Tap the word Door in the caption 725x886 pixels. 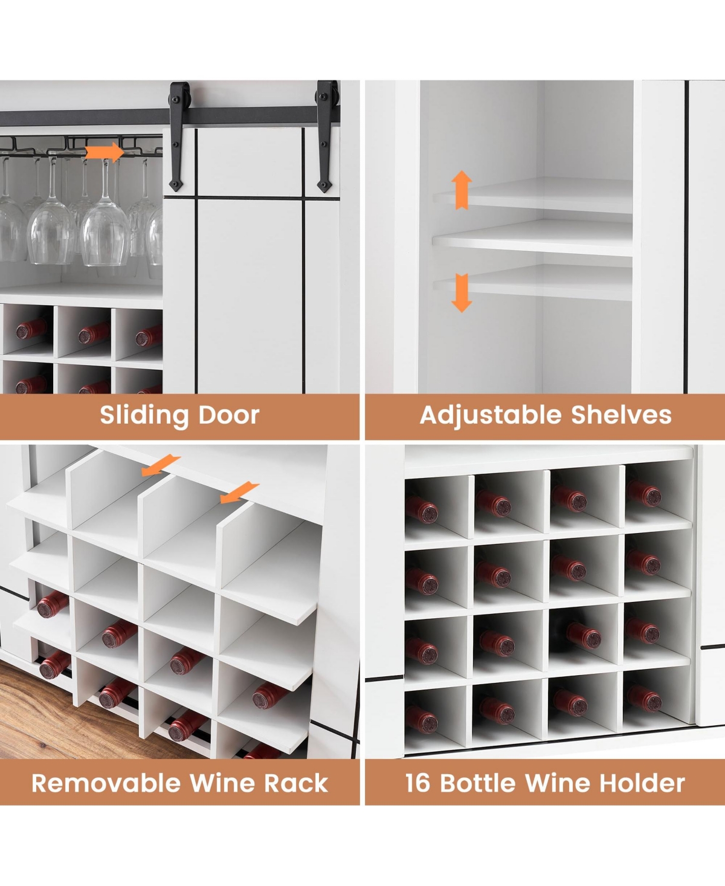click(229, 415)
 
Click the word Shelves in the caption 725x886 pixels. click(621, 415)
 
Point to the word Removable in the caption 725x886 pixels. click(106, 783)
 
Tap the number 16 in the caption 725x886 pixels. click(418, 783)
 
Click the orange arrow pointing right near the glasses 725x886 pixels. click(105, 152)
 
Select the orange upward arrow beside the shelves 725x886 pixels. click(462, 190)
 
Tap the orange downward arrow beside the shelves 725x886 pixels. click(462, 293)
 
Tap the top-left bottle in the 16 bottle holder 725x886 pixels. click(424, 510)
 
